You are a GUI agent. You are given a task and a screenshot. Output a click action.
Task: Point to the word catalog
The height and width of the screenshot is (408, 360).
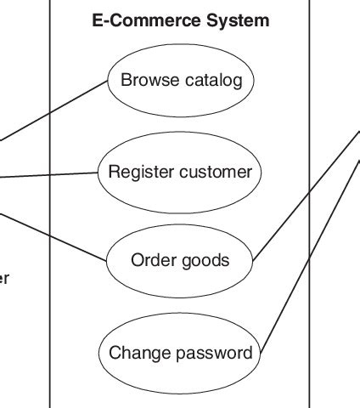coord(212,81)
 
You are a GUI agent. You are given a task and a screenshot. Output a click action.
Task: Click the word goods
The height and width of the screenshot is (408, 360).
coord(206,260)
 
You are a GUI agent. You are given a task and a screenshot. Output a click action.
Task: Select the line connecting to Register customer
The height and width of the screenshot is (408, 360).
coord(51,176)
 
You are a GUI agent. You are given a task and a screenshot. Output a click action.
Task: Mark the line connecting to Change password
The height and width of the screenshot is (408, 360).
coord(310,255)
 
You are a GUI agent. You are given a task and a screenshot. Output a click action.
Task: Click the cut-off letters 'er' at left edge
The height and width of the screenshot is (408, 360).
coord(4,278)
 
